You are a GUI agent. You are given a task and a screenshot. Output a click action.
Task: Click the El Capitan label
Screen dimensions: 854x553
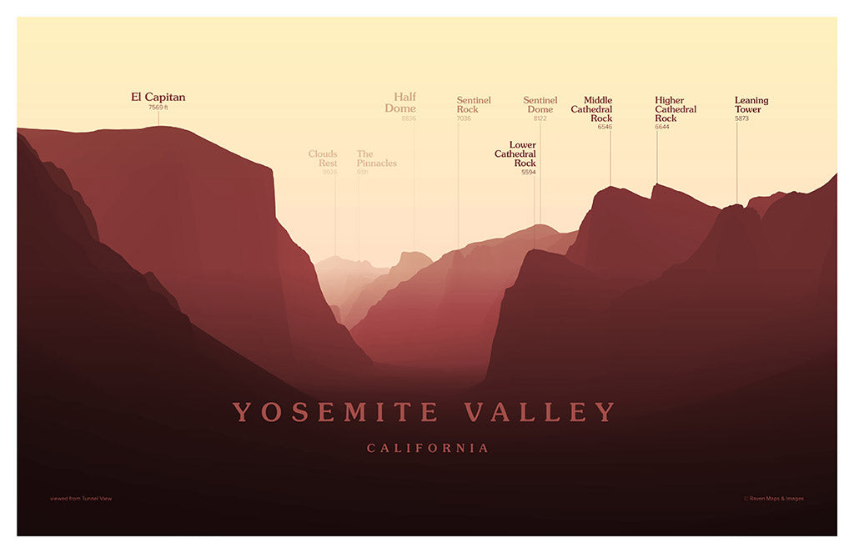coord(158,98)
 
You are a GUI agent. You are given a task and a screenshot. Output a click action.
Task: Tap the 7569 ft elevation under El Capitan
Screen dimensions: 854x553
coord(158,108)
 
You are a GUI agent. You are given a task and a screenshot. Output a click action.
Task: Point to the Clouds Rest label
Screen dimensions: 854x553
coord(323,158)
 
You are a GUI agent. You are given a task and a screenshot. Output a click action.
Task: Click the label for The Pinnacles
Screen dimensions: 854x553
coord(376,158)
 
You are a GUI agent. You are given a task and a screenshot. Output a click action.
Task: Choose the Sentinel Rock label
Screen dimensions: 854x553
coord(474,105)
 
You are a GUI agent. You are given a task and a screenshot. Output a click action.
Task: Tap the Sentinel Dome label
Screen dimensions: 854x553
coord(540,105)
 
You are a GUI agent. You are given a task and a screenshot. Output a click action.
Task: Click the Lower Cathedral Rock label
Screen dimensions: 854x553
coord(516,154)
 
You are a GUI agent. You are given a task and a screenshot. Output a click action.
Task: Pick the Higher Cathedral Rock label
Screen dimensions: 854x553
coord(676,109)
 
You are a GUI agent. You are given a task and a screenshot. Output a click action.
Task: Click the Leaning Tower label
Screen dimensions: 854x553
coord(751,105)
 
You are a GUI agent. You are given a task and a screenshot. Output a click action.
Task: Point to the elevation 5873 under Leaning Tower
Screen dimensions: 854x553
coord(742,118)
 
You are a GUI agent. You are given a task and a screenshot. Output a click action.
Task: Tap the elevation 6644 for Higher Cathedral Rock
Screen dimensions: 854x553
coord(662,127)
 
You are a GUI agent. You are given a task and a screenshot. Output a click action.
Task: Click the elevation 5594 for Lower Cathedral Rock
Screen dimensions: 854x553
coord(529,173)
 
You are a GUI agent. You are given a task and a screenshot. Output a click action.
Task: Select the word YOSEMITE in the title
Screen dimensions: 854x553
coord(335,412)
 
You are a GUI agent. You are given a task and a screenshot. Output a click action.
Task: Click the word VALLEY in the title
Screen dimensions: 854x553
coord(540,412)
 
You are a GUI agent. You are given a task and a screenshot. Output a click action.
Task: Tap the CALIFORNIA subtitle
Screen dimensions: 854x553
coord(428,449)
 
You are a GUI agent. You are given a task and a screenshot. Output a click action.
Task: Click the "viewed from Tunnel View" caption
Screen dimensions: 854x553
coord(81,499)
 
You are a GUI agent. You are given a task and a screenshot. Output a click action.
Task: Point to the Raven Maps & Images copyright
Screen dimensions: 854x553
coord(773,499)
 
